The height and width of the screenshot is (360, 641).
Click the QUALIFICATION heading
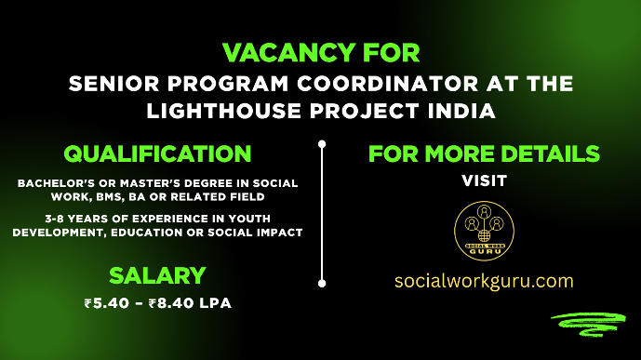pos(156,153)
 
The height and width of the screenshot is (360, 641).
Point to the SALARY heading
pos(156,275)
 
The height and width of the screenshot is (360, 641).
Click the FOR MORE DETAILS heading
pos(484,153)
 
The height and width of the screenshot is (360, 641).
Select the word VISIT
pos(484,180)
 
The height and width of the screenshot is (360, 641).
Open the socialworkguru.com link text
pos(484,280)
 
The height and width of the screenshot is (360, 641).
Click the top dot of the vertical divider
pos(322,144)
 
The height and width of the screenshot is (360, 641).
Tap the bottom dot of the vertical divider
pos(322,283)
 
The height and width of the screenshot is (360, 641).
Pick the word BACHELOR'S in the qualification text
pos(55,183)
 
